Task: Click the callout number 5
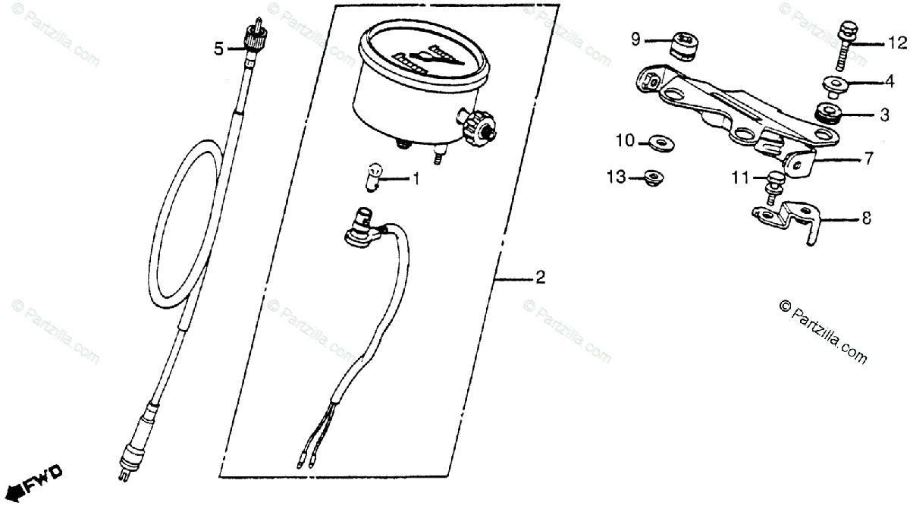(218, 50)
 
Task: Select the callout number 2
(540, 278)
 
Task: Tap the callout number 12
(896, 45)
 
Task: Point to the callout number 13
(616, 177)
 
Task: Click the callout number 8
(866, 218)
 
